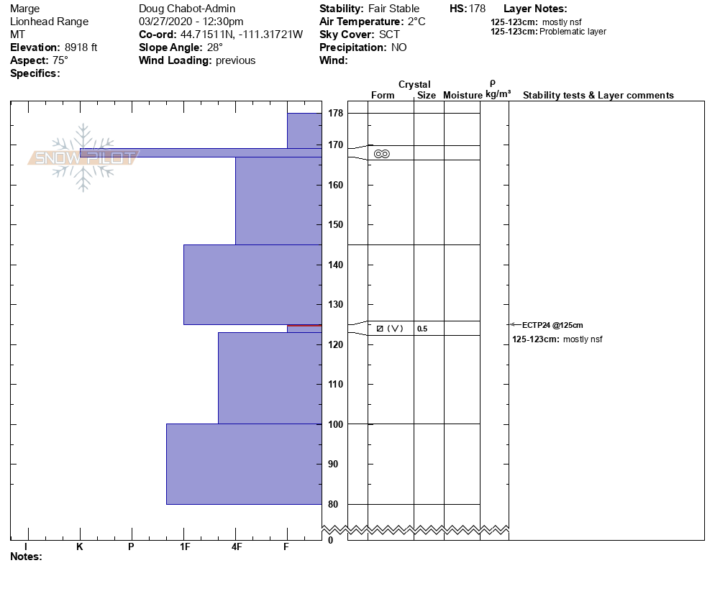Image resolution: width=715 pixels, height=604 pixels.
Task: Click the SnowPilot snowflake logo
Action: [83, 157]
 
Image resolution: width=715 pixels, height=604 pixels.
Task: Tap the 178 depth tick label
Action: [336, 114]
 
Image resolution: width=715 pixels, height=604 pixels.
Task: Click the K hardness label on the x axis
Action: [80, 547]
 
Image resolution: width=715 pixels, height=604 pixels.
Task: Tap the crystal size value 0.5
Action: [422, 329]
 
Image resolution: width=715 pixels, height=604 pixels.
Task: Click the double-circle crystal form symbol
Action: [382, 154]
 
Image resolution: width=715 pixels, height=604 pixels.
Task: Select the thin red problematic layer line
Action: [304, 326]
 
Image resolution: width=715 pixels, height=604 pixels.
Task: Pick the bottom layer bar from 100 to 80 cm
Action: [244, 464]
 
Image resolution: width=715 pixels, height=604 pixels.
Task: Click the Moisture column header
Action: [463, 96]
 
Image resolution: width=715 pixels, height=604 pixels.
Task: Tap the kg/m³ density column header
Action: [498, 94]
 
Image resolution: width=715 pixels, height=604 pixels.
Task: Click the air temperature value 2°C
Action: [416, 22]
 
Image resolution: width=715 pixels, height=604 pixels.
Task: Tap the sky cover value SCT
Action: [389, 35]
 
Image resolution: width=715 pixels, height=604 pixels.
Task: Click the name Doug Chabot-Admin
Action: [187, 9]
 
